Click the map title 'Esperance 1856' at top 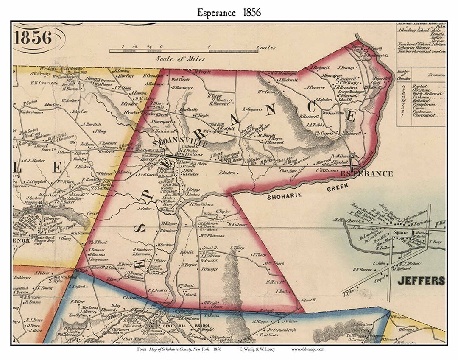tap(229, 12)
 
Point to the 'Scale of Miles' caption tap(180, 59)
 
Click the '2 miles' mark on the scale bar tap(265, 47)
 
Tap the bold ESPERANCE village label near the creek tap(367, 174)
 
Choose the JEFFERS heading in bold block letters tap(421, 281)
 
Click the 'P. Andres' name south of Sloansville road tap(227, 173)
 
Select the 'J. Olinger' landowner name tap(209, 269)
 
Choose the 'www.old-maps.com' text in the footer tap(308, 349)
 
